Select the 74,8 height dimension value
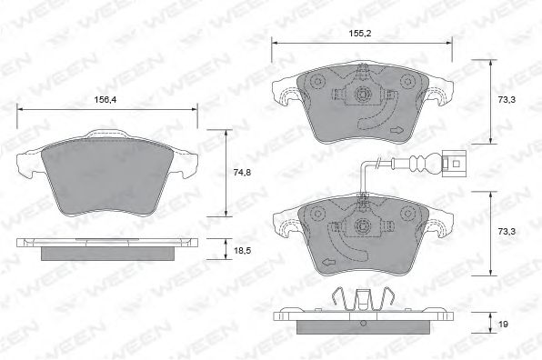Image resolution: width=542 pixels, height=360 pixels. point(239,171)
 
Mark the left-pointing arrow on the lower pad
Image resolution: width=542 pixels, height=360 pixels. point(325,261)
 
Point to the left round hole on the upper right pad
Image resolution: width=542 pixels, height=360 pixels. point(318,82)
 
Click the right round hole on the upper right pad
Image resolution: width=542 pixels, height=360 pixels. point(405,82)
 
